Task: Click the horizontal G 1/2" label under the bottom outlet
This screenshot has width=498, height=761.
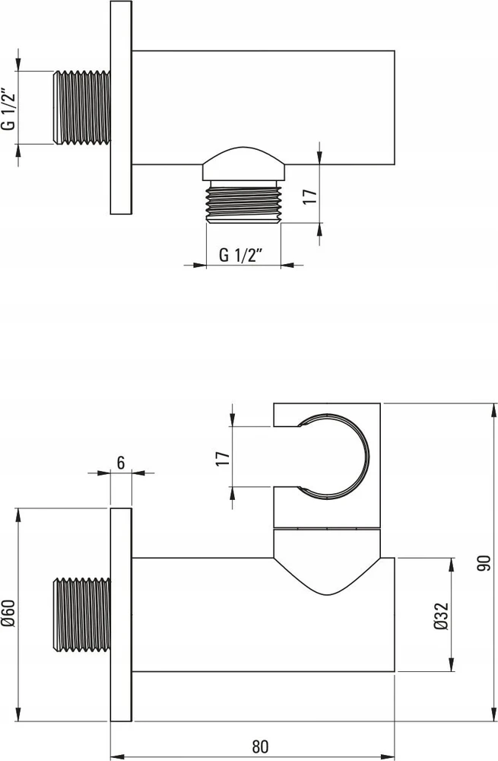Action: (x=240, y=254)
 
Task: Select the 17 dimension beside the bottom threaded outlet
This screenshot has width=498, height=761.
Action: (x=309, y=196)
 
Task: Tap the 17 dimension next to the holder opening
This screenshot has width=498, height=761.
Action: (x=223, y=458)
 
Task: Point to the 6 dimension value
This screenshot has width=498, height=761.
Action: (x=121, y=463)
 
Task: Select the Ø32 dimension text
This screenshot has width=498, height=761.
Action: (x=441, y=616)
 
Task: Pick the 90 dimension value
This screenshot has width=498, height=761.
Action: (x=484, y=563)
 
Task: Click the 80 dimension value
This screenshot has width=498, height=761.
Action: (x=260, y=746)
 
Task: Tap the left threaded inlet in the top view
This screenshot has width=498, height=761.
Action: (x=81, y=107)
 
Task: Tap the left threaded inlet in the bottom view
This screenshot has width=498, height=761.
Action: (x=81, y=614)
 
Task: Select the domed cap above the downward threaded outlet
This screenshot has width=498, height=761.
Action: (x=243, y=163)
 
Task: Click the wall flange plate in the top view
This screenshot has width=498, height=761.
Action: (x=121, y=107)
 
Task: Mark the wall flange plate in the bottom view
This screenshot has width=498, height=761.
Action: (x=121, y=614)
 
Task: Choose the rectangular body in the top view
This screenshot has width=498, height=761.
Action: (x=263, y=107)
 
